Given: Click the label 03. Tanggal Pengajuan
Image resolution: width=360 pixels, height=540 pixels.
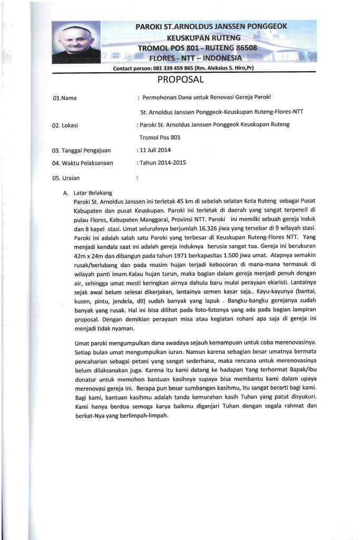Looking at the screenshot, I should pyautogui.click(x=81, y=151).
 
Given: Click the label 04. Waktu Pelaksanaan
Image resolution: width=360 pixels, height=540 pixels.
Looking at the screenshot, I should pyautogui.click(x=83, y=163).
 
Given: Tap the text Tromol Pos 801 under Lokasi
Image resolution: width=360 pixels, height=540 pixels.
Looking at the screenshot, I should pyautogui.click(x=160, y=138).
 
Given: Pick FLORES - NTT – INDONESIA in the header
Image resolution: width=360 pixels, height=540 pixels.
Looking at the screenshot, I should pyautogui.click(x=196, y=57).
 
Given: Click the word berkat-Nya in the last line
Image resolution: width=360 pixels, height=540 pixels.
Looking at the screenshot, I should pyautogui.click(x=92, y=415).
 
